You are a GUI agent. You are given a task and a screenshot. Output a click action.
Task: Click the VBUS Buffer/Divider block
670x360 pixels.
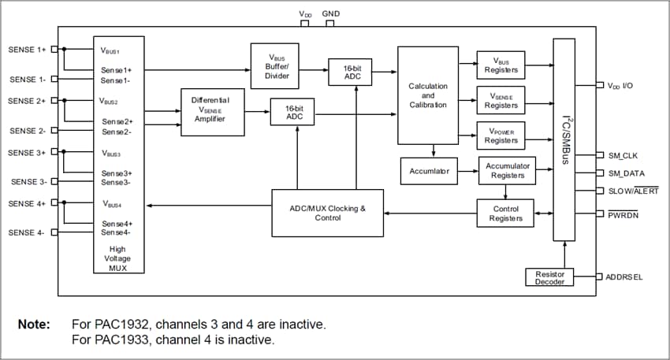coord(273,65)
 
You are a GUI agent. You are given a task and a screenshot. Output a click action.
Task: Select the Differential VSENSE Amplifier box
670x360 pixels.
coord(212,111)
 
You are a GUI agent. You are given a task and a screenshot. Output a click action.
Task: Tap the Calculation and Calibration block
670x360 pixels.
coord(428,95)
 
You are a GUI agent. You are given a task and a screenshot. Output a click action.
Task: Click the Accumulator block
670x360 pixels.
coord(430,170)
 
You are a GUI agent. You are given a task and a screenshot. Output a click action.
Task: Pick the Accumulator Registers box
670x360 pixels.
coord(507,171)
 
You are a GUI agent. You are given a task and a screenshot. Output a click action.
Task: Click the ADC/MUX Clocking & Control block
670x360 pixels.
coord(327,213)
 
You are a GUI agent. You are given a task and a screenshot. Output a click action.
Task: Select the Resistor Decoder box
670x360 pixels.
coord(549,277)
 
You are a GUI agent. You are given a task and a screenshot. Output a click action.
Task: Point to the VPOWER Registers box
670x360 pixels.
coord(501,135)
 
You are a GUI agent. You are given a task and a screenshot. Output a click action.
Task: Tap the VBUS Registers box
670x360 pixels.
coord(501,65)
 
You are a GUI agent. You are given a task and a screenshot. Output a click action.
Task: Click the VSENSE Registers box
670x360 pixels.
coord(501,100)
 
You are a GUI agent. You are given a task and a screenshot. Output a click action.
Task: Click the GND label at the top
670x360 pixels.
coord(331,14)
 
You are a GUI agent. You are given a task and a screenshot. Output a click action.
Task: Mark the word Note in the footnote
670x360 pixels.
coord(35,325)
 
